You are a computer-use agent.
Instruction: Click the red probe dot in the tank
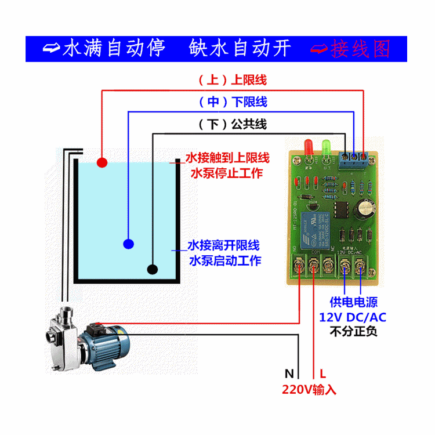(103, 162)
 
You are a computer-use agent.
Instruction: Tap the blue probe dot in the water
(128, 244)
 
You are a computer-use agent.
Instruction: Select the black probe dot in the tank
(153, 269)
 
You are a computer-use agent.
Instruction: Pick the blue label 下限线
(249, 102)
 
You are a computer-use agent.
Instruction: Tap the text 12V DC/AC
(353, 317)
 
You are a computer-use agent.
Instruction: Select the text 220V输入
(309, 389)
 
